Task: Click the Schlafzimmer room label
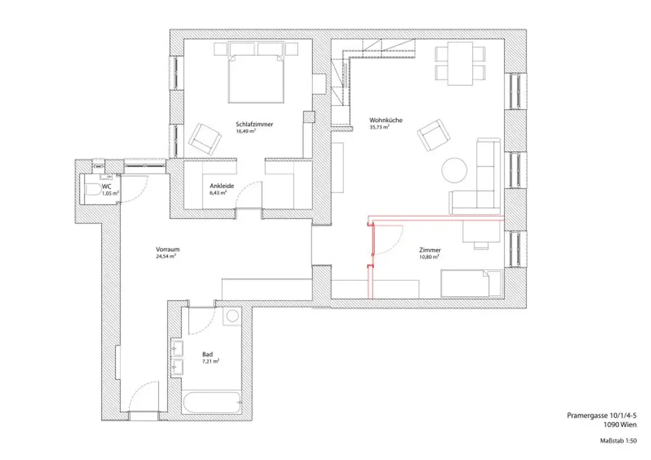click(254, 125)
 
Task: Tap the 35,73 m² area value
click(379, 127)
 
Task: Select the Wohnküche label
click(385, 120)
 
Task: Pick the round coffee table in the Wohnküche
click(455, 169)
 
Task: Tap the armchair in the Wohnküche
click(432, 133)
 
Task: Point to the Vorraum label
click(165, 250)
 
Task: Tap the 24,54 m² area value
click(165, 257)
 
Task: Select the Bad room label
click(207, 354)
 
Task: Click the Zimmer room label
click(430, 250)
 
